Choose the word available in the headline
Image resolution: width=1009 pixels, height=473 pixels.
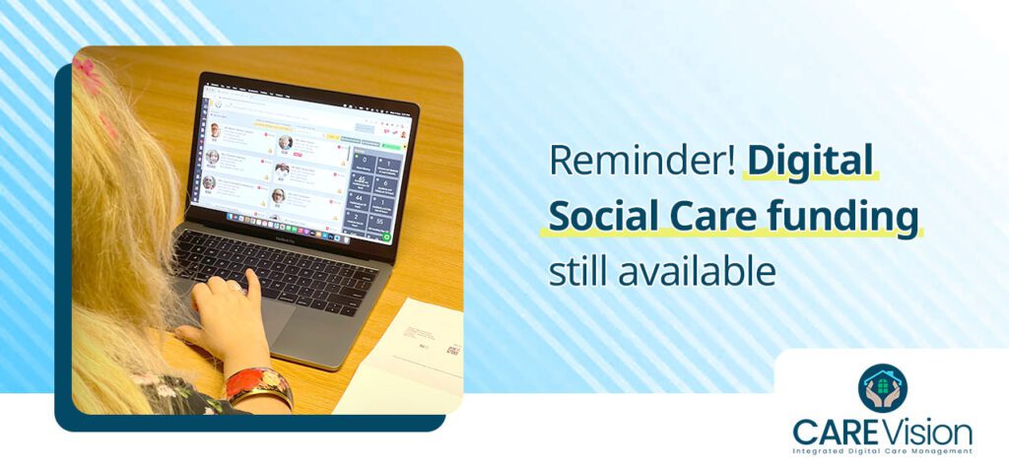click(697, 273)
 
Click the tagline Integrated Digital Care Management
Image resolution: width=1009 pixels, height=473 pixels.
click(883, 451)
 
